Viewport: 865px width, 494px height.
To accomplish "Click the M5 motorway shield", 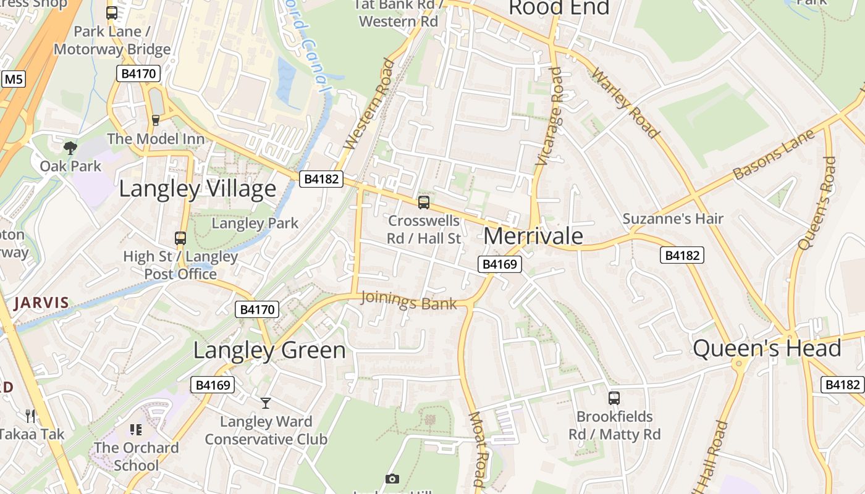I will pos(14,79).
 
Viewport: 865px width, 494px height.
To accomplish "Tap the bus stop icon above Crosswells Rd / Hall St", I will pos(424,202).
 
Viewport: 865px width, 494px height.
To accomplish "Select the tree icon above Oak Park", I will pos(70,148).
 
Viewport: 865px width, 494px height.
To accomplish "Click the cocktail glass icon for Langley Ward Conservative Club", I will pos(266,403).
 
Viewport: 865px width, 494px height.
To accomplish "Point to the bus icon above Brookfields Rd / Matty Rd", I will pos(614,398).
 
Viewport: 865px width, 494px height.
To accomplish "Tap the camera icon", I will pos(392,479).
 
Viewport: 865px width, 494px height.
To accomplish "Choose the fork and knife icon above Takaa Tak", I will pos(30,415).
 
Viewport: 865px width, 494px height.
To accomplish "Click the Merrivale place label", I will pos(533,236).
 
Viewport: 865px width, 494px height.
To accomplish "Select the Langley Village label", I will pos(197,188).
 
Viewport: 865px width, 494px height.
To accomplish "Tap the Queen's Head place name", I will pos(767,348).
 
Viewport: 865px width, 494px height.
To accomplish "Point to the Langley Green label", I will pos(269,350).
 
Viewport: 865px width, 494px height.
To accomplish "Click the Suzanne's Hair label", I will pos(673,219).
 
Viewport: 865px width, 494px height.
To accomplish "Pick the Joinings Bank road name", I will pos(408,301).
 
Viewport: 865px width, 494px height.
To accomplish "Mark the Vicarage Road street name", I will pos(550,116).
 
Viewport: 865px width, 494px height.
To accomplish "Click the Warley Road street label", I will pos(625,103).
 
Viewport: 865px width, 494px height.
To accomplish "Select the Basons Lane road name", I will pos(774,155).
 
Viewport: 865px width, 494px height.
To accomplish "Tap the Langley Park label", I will pos(255,223).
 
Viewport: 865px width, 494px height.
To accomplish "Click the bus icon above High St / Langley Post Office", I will pos(180,238).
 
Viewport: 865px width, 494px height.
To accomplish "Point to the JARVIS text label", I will pos(41,303).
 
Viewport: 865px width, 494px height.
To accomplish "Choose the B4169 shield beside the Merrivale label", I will pos(500,264).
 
